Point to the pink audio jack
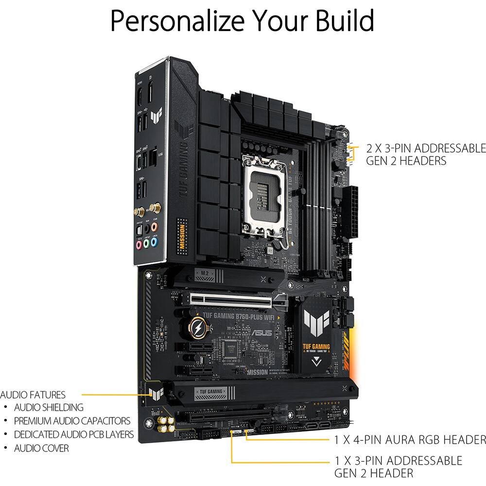(139, 245)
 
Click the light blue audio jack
(154, 241)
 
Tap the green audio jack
(146, 243)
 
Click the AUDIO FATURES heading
(33, 395)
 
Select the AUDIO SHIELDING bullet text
(49, 408)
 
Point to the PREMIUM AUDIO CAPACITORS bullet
(72, 421)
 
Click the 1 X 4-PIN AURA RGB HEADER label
(409, 440)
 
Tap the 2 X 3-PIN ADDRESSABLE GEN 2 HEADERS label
(425, 154)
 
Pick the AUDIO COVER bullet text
(41, 448)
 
